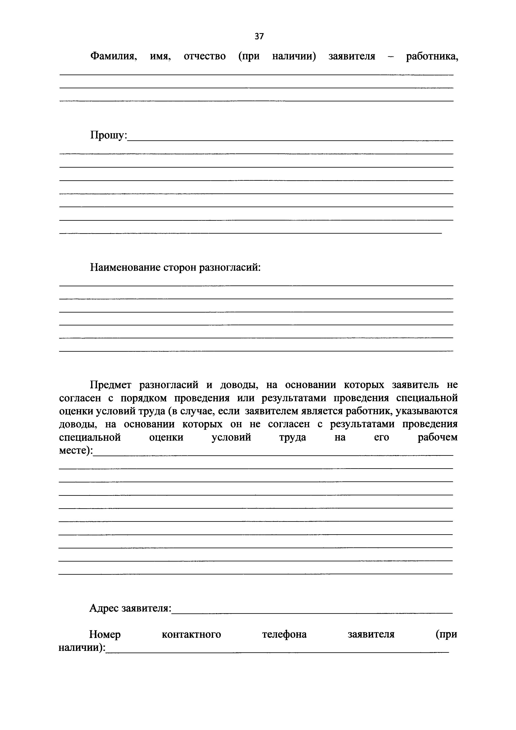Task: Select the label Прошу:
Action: coord(108,136)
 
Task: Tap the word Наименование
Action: coord(125,267)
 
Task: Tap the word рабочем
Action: coord(438,437)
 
